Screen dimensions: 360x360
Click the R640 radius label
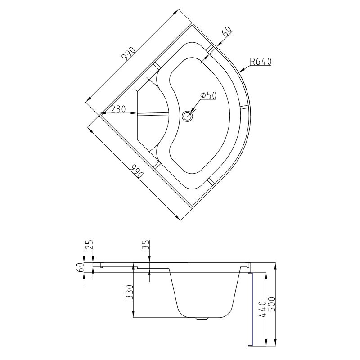click(261, 62)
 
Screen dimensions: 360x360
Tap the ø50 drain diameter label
click(208, 95)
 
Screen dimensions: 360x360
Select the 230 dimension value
click(118, 109)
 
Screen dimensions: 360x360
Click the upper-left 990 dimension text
click(129, 54)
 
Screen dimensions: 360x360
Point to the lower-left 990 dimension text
click(136, 171)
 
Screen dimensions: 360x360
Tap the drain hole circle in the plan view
click(187, 116)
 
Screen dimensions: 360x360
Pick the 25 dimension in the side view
click(90, 245)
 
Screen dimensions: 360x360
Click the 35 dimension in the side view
click(146, 245)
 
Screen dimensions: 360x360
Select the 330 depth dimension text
click(130, 292)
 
